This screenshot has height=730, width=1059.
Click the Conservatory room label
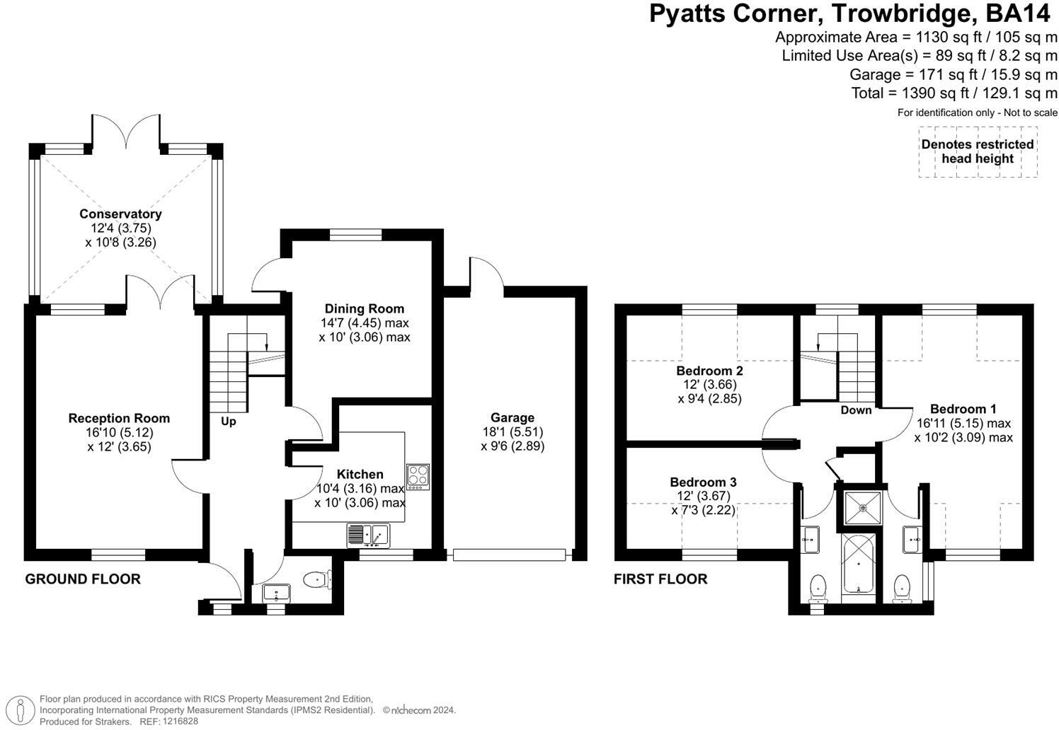[120, 214]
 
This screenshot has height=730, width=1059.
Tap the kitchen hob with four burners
[418, 477]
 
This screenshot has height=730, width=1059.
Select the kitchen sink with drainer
[368, 535]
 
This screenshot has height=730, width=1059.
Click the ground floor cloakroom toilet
[316, 580]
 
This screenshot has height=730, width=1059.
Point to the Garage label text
[513, 417]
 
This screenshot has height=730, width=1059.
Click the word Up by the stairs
[229, 421]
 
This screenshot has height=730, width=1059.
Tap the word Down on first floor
[856, 410]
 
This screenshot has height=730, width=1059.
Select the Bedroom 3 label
[703, 482]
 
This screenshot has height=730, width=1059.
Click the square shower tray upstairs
[863, 508]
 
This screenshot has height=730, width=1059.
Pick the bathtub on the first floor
[859, 564]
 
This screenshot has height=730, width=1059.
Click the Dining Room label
[365, 308]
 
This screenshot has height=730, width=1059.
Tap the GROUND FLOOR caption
[83, 579]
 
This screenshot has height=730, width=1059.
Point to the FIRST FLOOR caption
[660, 579]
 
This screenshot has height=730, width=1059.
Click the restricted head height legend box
[978, 151]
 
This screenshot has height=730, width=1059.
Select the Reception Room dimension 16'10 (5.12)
[119, 432]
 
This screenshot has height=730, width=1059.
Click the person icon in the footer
[20, 710]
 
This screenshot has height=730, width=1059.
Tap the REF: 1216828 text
[168, 722]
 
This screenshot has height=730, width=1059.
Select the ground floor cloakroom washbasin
[276, 593]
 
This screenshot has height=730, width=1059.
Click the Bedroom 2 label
[709, 371]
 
